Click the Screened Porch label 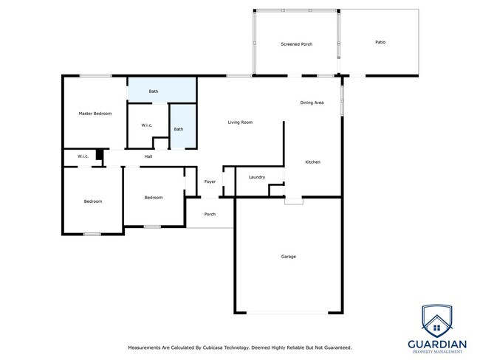(296, 44)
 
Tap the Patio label (380, 42)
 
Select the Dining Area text (312, 103)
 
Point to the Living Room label (240, 122)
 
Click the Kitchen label (313, 162)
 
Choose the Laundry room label (257, 177)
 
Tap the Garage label (288, 257)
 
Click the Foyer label (210, 181)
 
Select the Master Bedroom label (95, 114)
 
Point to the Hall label (148, 156)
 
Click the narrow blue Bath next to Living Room (179, 129)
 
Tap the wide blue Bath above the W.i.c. (154, 91)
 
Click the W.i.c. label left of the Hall (83, 156)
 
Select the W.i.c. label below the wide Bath (147, 125)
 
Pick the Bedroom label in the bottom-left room (92, 201)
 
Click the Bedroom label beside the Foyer (154, 198)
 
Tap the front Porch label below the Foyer (210, 215)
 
